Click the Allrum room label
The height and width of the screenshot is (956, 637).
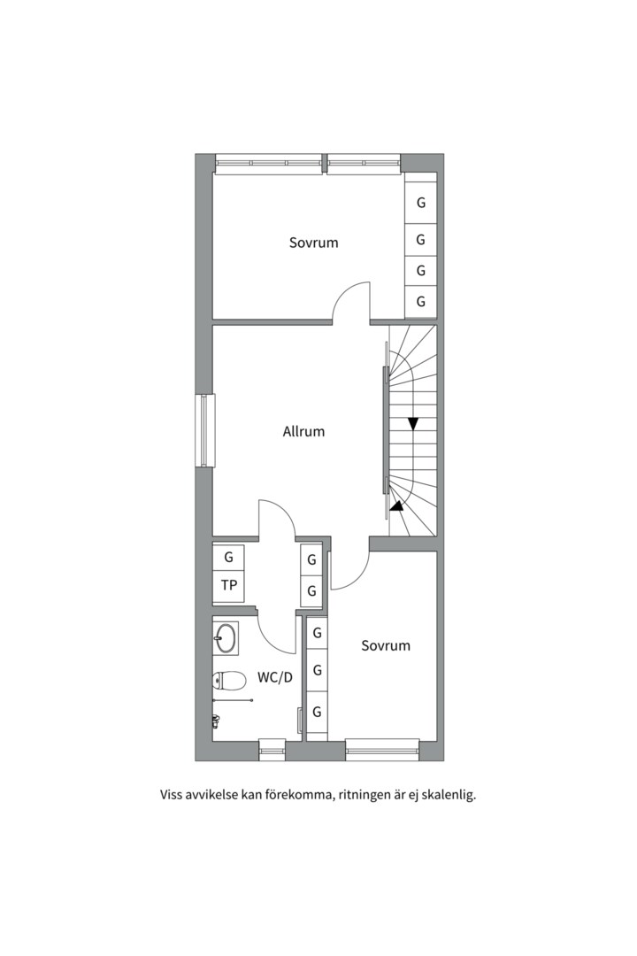[x=303, y=432]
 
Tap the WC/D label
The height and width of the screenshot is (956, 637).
[x=275, y=677]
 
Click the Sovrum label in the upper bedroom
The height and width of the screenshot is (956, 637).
[x=313, y=243]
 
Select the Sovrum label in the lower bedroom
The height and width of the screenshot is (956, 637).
[x=385, y=645]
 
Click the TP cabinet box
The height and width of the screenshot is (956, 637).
[x=228, y=586]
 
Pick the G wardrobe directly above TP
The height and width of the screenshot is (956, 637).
[x=228, y=558]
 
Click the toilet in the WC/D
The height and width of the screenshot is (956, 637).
[x=229, y=680]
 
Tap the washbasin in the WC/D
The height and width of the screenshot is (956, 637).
[x=226, y=638]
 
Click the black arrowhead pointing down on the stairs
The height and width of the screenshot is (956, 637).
[x=414, y=424]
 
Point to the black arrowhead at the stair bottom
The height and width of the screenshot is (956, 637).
[x=396, y=505]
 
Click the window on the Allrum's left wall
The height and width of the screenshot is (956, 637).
[x=205, y=430]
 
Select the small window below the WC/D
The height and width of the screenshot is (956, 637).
[x=272, y=750]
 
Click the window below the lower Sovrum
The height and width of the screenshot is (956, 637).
[x=382, y=750]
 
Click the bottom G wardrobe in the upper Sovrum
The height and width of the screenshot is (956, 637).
[x=420, y=301]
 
